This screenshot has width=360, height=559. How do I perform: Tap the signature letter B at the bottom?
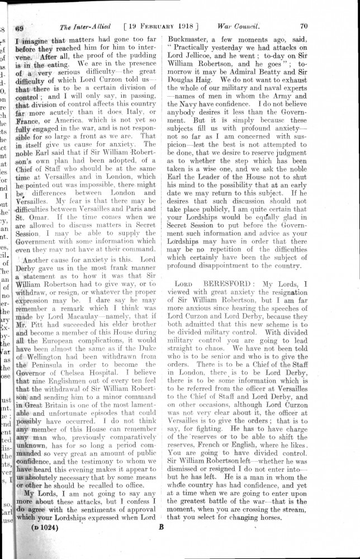click(x=161, y=527)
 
